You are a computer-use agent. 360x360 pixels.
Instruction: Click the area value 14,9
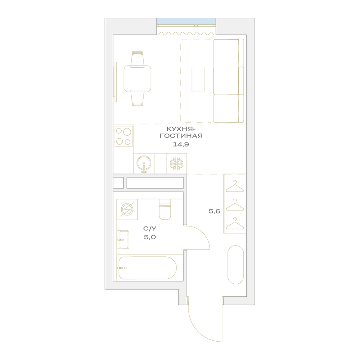(x=181, y=144)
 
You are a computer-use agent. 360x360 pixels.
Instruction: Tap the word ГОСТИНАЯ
(x=181, y=136)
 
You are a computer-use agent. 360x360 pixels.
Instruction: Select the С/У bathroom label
(x=150, y=229)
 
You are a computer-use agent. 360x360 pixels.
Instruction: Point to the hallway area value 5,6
(x=215, y=211)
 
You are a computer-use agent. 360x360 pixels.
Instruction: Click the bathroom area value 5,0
(x=150, y=237)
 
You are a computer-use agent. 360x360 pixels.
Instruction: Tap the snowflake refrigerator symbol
(x=176, y=164)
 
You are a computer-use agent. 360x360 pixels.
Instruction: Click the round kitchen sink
(x=144, y=163)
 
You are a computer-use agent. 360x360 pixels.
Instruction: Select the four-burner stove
(x=124, y=136)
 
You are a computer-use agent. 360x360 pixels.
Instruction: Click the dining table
(x=138, y=78)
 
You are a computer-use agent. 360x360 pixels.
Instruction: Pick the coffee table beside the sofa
(x=198, y=80)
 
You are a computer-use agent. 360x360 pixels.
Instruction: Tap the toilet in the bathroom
(x=165, y=209)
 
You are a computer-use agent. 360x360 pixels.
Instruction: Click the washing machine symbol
(x=127, y=210)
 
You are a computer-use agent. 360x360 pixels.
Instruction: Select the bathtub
(x=148, y=268)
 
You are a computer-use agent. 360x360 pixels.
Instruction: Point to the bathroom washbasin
(x=123, y=240)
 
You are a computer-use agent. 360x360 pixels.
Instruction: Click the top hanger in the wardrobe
(x=235, y=186)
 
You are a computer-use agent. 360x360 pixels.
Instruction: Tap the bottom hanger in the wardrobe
(x=235, y=224)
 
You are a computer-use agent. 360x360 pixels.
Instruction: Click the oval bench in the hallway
(x=235, y=265)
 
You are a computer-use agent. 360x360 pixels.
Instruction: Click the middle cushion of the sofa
(x=226, y=81)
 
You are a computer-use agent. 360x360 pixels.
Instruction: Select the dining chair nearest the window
(x=138, y=59)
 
